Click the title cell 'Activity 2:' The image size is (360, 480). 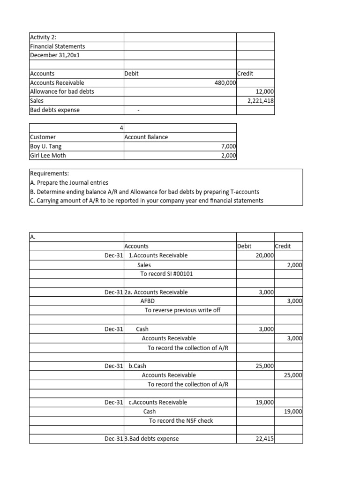click(x=44, y=37)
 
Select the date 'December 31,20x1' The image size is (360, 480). click(x=53, y=55)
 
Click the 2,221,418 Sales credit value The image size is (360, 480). click(x=261, y=100)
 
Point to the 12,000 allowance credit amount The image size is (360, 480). click(x=265, y=91)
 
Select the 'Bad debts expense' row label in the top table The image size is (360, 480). click(x=54, y=110)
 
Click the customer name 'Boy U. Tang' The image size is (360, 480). click(x=45, y=146)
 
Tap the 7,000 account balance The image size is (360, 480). click(x=228, y=146)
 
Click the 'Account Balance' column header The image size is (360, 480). click(x=146, y=137)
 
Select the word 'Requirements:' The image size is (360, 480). click(x=49, y=173)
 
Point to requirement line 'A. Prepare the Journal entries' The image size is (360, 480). click(x=68, y=183)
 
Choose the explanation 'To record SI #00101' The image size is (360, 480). click(x=166, y=274)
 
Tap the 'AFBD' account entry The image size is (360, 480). click(x=148, y=301)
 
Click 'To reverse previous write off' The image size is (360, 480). click(x=182, y=310)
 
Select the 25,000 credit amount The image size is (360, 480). click(x=293, y=375)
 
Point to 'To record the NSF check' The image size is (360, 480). click(x=181, y=420)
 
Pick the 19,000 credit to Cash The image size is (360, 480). click(x=293, y=412)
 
